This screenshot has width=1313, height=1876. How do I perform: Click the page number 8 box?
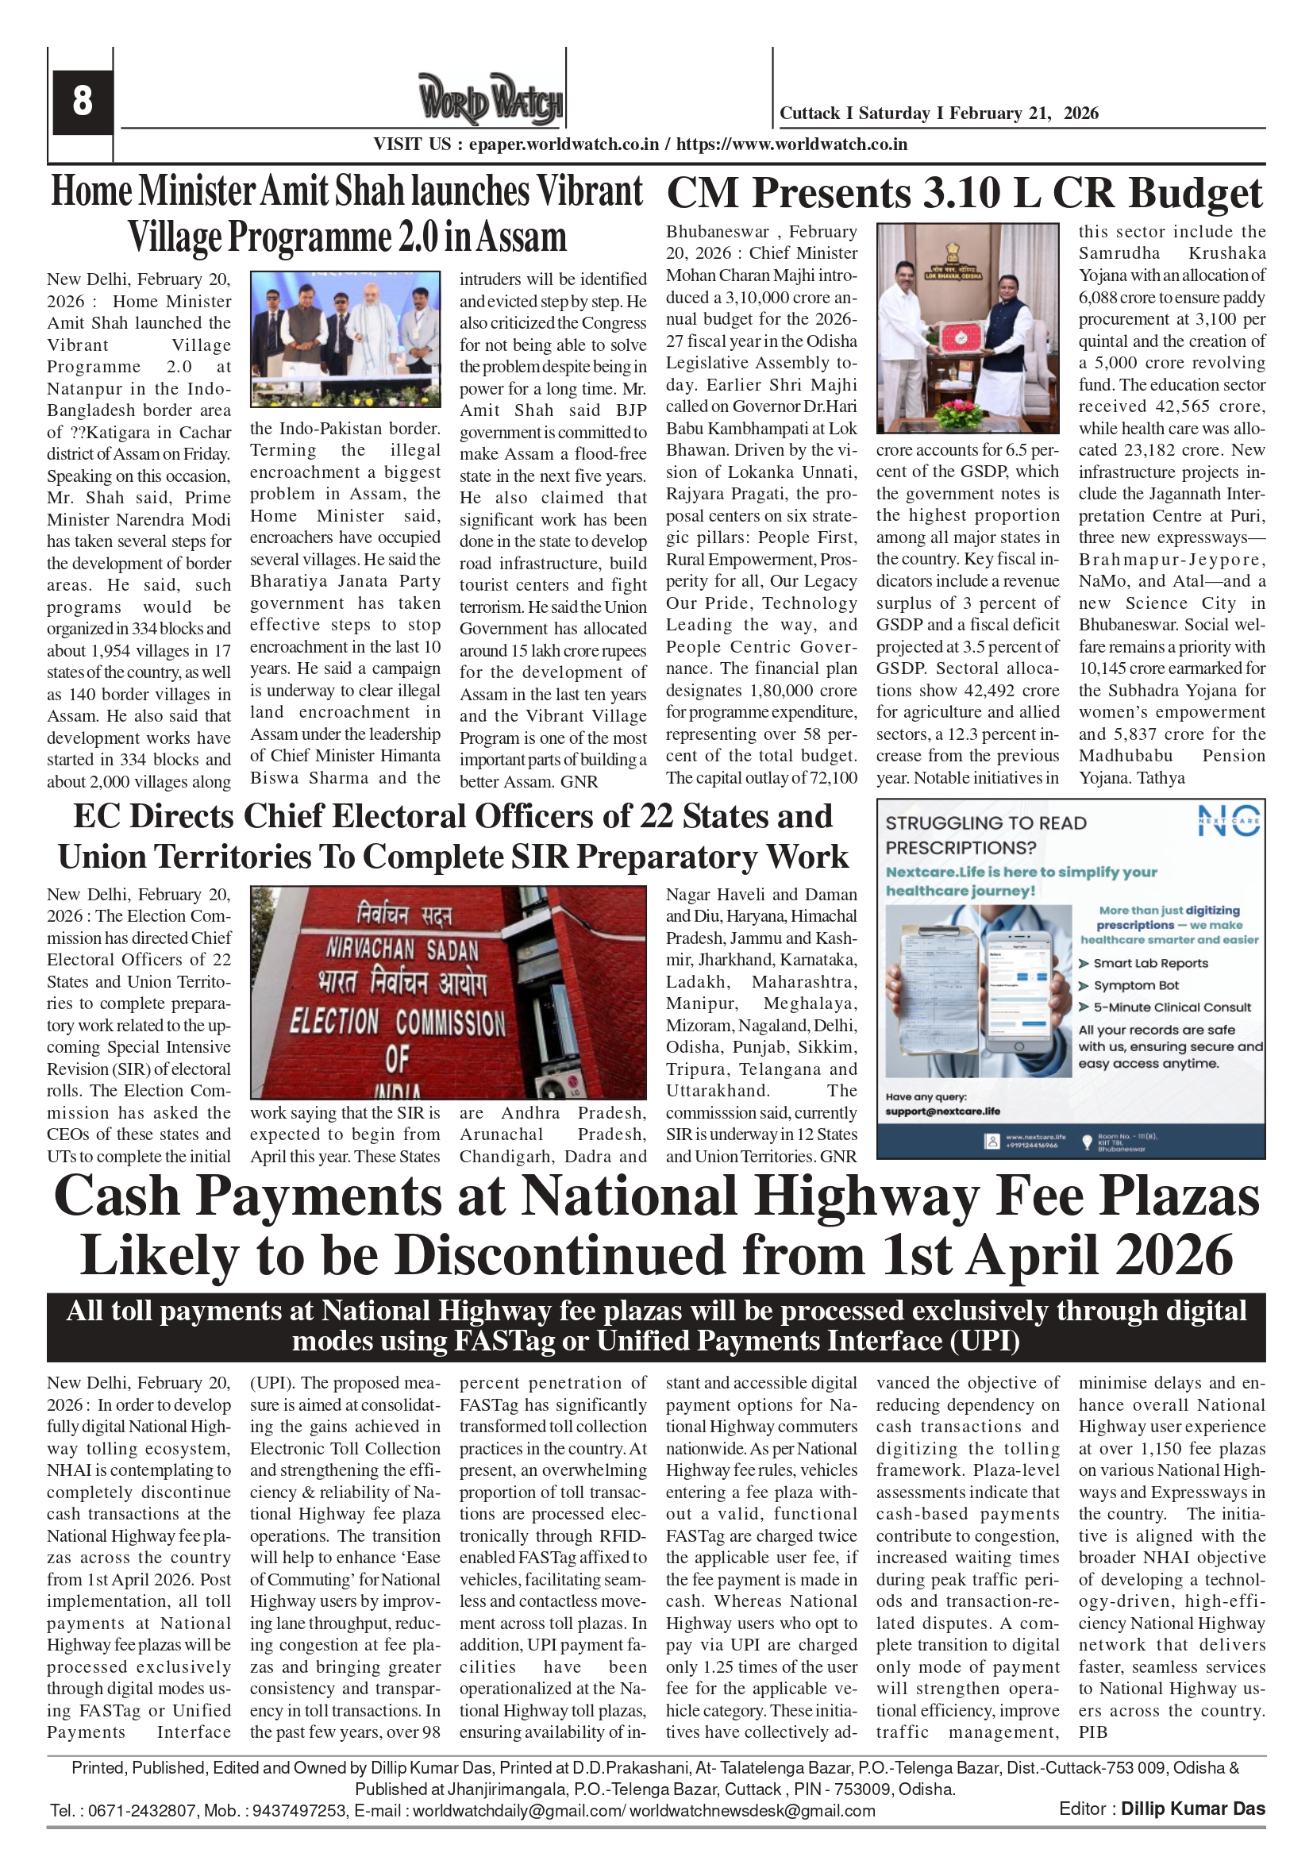point(82,102)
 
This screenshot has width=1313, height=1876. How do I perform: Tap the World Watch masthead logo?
point(491,100)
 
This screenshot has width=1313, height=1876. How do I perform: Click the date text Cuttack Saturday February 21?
point(938,114)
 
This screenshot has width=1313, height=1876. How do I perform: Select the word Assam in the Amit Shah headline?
point(522,237)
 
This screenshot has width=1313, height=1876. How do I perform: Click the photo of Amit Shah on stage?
point(345,339)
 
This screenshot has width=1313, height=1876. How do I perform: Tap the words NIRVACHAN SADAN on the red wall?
point(402,950)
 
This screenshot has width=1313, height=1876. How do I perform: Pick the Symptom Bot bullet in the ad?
point(1136,985)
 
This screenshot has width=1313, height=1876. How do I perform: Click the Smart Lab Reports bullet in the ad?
point(1150,963)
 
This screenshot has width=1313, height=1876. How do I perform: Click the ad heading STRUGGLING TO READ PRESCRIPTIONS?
point(985,835)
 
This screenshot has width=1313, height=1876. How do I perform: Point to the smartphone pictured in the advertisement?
point(1018,993)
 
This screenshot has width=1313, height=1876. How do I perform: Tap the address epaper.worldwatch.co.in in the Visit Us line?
point(564,144)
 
